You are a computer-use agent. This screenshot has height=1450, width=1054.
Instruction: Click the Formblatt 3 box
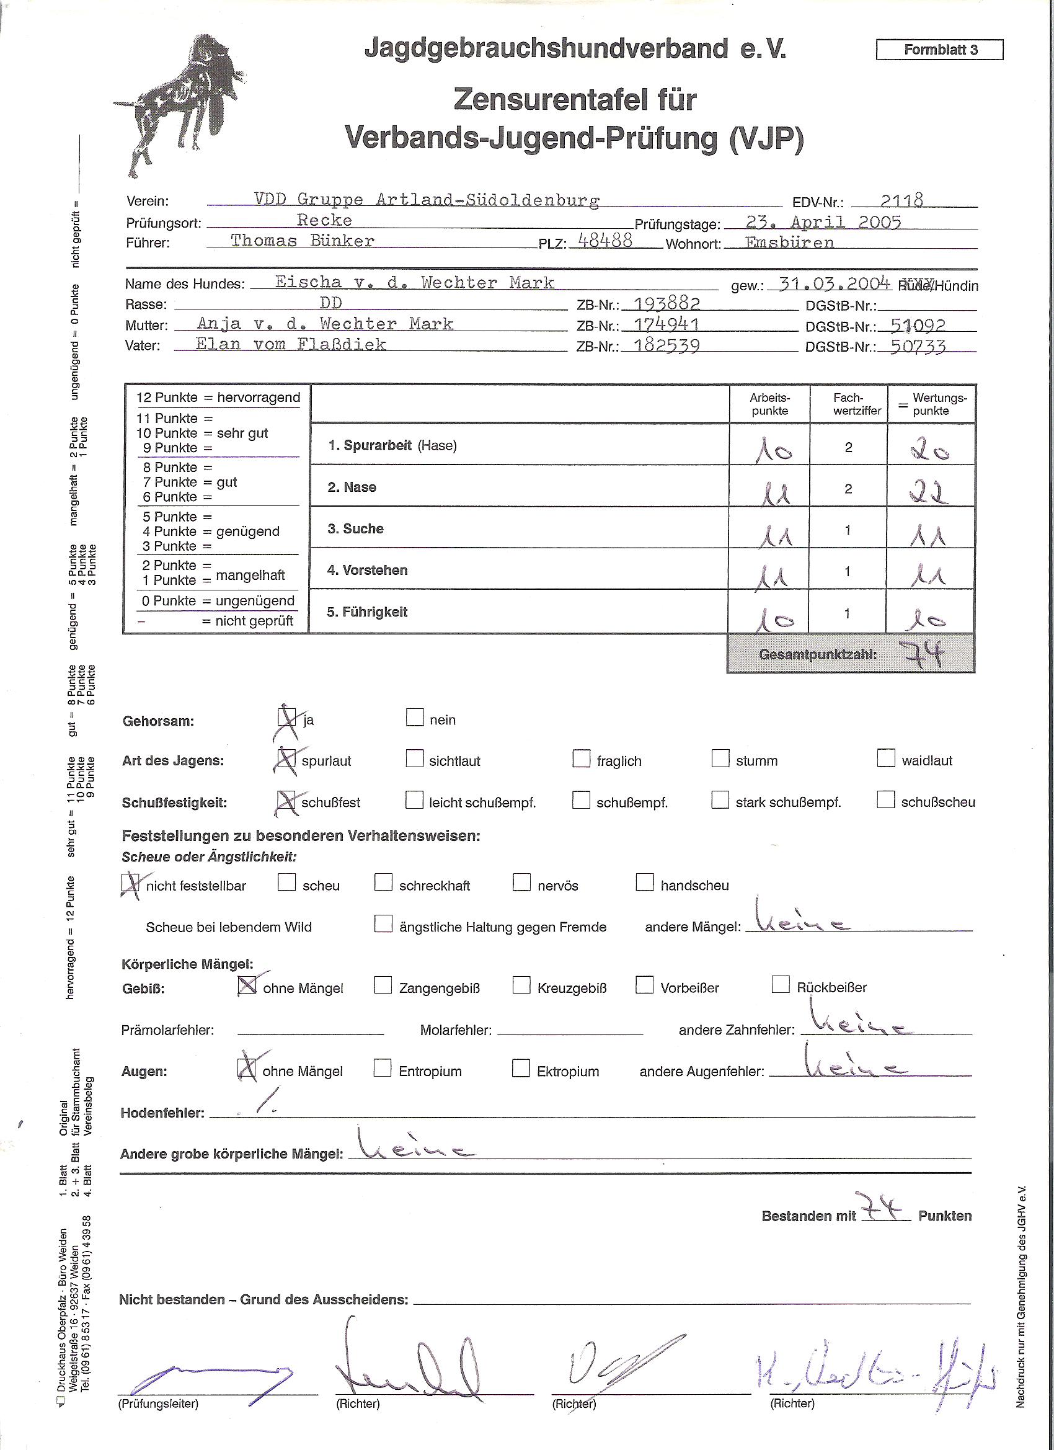939,49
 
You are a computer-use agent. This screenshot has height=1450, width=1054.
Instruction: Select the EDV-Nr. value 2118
901,201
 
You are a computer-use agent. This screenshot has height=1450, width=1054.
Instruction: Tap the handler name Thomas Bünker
303,241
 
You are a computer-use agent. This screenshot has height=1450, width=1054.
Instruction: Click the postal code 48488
604,241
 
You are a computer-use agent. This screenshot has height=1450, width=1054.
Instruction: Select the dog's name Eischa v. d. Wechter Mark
414,283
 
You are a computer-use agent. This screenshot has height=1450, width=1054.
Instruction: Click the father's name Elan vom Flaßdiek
291,345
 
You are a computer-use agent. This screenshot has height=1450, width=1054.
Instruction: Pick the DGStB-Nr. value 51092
917,326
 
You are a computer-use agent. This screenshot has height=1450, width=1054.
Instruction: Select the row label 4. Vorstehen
368,571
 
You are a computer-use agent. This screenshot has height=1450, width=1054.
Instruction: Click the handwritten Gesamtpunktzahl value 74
925,654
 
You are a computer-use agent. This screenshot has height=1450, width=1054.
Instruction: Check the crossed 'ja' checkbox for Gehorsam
287,718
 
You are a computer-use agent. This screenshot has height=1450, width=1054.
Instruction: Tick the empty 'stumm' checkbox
720,759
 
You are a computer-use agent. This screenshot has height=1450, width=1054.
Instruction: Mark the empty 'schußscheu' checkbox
885,800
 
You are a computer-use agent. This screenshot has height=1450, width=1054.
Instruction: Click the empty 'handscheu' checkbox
644,883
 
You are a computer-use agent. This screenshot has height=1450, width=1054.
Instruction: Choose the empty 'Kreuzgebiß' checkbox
521,985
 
